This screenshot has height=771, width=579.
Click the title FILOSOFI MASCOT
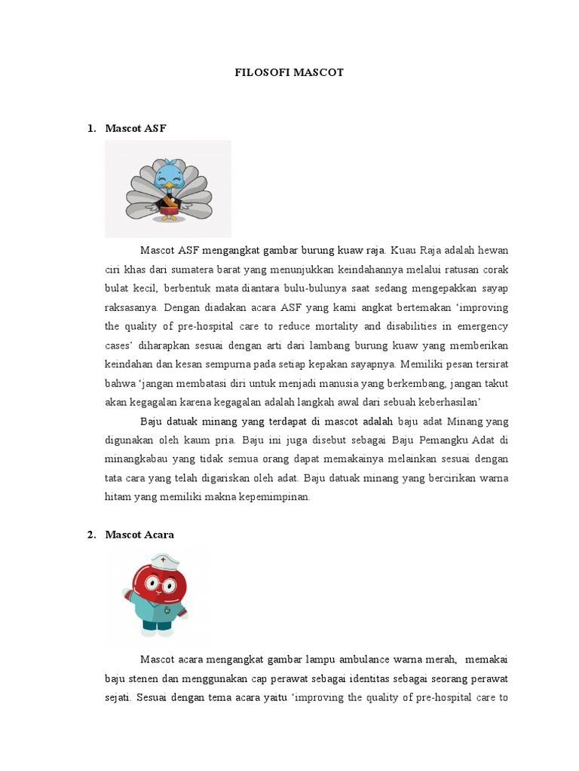[289, 73]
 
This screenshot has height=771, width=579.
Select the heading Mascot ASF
[136, 129]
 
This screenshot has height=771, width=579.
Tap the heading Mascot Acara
[139, 535]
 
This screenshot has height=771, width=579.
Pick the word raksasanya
[130, 308]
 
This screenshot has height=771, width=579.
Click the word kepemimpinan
[273, 498]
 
